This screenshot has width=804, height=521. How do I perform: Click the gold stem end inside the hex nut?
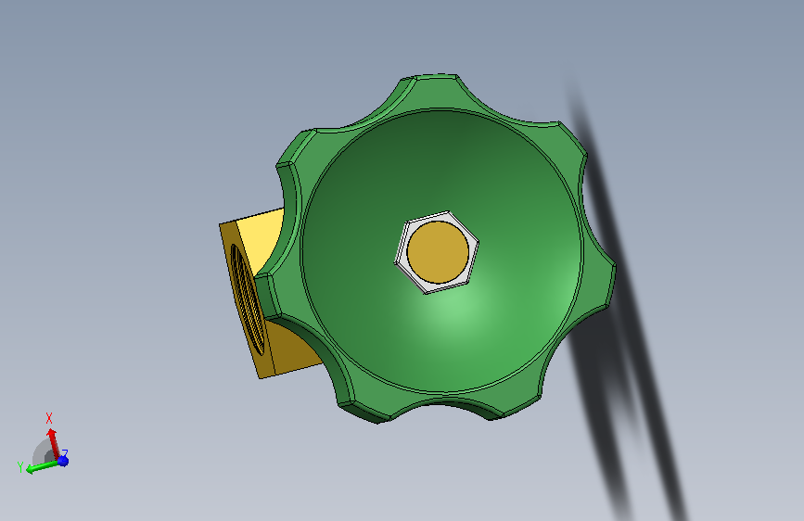point(438,252)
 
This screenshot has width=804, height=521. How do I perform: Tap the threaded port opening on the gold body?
point(248,300)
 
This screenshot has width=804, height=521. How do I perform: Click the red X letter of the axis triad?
point(49,418)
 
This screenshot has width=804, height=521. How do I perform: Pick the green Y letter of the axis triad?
point(20,467)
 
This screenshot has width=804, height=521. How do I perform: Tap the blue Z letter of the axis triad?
point(65,453)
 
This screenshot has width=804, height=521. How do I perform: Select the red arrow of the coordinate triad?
point(53,443)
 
